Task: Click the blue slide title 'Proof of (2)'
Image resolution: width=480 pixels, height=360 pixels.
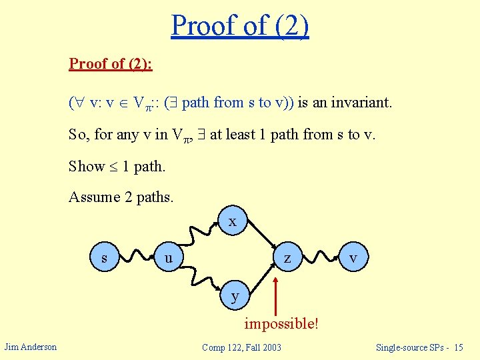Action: tap(240, 25)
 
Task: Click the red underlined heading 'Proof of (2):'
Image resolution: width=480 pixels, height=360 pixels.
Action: tap(111, 64)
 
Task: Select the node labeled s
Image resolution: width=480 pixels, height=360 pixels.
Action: tap(104, 258)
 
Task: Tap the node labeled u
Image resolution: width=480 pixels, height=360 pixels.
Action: tap(169, 258)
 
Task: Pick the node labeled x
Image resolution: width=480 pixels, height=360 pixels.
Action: tap(232, 222)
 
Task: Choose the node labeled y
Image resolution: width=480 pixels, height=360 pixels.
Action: tap(235, 295)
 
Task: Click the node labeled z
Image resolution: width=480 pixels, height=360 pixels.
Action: tap(287, 258)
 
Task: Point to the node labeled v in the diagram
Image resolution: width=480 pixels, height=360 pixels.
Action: tap(353, 258)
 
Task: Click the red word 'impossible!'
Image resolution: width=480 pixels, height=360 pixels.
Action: tap(281, 324)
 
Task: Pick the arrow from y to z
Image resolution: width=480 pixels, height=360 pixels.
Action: tap(260, 278)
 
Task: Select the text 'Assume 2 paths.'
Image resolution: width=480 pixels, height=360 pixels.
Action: tap(121, 197)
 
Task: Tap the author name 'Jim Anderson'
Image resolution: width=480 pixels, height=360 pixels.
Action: tap(31, 347)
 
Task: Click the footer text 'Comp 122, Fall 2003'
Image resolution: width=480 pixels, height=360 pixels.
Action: tap(241, 347)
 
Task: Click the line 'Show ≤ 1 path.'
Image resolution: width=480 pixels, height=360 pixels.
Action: tap(117, 166)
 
